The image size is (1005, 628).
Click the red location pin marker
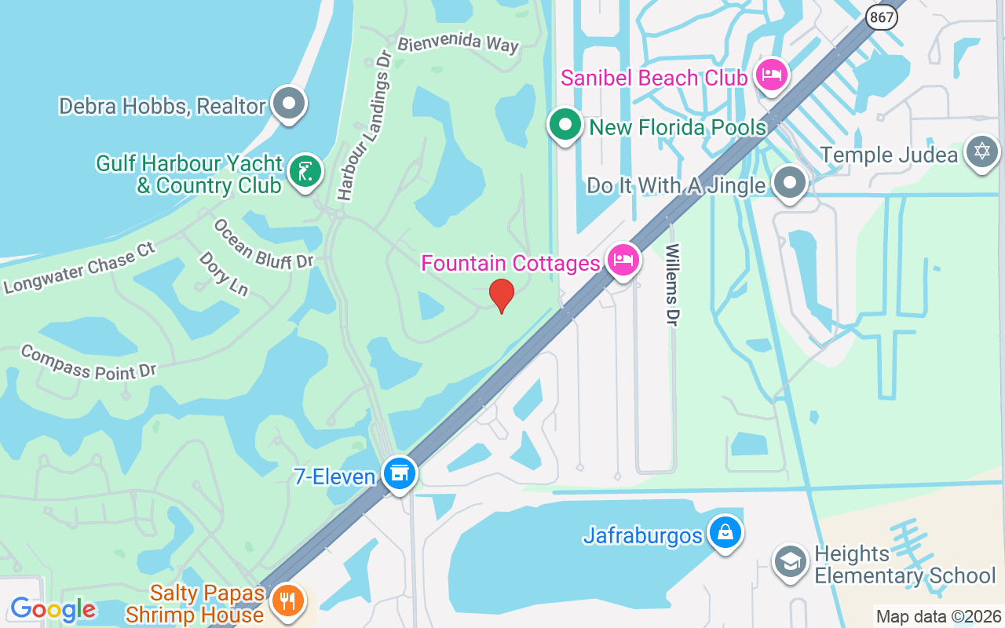pos(502,295)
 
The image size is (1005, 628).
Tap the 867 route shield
pos(882,16)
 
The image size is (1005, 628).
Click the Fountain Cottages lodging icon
pos(623,260)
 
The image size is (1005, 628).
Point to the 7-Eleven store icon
pos(400,473)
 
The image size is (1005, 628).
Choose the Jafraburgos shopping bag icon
pos(725,532)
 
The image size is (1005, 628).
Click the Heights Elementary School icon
pos(790,562)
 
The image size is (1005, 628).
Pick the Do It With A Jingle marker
pos(789,183)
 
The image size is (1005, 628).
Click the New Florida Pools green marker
pos(565,125)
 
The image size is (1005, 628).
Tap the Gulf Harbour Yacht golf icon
pos(305,171)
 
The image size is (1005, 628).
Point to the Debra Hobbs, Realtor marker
pos(289,103)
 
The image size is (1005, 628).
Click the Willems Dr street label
pos(673,284)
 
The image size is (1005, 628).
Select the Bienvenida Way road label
pos(458,43)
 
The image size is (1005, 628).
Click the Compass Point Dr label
pos(89,362)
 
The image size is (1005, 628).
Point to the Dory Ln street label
pos(223,274)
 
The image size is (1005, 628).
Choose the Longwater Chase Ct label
pos(79,267)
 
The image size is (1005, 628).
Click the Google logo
pos(53,609)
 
